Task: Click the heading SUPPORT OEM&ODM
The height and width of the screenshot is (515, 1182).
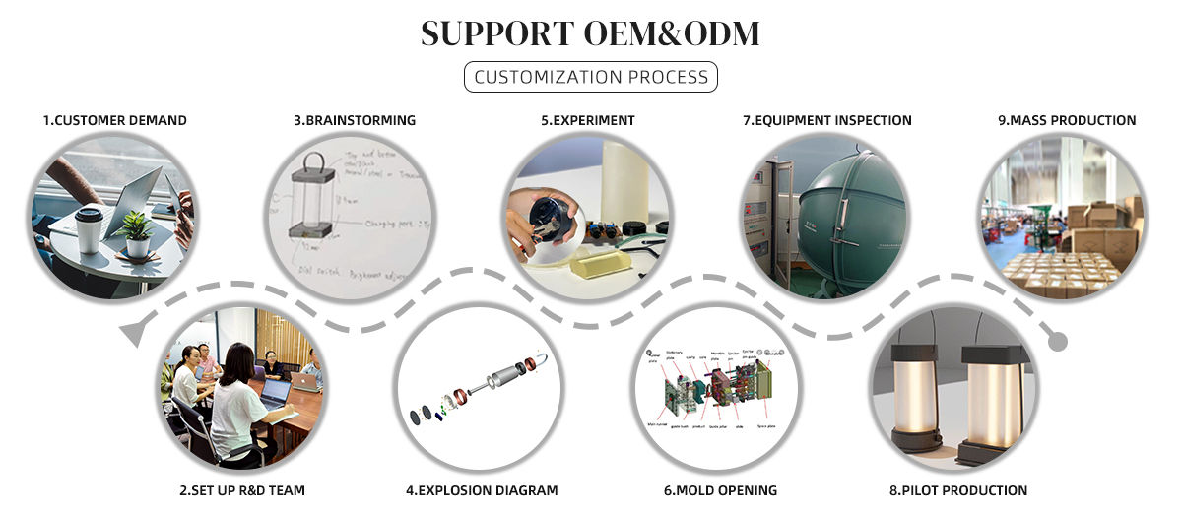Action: [x=590, y=33]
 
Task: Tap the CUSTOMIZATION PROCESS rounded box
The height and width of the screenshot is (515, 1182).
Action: [x=591, y=77]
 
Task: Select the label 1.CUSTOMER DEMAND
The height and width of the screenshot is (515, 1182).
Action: [x=114, y=120]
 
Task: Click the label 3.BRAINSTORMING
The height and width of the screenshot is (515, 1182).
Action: [x=355, y=120]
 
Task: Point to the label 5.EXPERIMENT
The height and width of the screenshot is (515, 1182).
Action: [x=587, y=120]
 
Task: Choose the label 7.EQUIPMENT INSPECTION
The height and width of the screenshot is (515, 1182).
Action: [x=826, y=120]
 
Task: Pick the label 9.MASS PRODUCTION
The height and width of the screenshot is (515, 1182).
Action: [x=1067, y=120]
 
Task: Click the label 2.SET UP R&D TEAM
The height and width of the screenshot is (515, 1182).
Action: [x=243, y=490]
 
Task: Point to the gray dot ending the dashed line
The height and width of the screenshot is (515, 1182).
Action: [x=1057, y=342]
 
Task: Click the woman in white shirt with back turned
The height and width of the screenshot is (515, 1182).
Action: [x=236, y=404]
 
